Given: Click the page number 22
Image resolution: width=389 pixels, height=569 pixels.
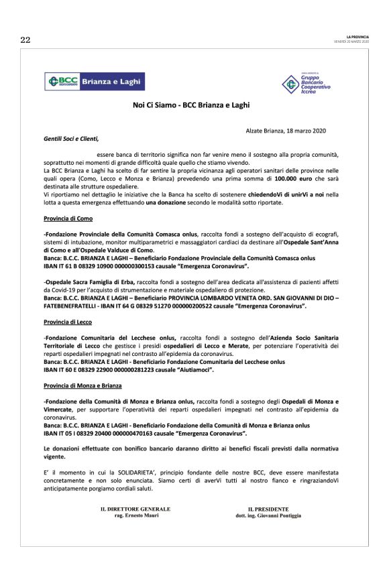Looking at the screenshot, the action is coord(25,40).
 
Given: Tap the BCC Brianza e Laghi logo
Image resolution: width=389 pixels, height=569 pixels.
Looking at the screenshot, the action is coord(94,82).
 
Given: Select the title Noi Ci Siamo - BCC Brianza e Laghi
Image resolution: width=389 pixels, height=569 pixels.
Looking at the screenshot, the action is coord(194,105).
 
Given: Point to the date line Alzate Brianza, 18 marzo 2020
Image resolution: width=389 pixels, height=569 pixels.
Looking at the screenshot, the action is coord(292,129).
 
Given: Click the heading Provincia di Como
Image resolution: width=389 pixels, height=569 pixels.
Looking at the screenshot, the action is coord(68,218).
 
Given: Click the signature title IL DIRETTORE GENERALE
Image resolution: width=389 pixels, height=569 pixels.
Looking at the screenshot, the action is coord(131,509).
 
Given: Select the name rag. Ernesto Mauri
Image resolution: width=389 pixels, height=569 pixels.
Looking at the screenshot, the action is coord(131,515).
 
